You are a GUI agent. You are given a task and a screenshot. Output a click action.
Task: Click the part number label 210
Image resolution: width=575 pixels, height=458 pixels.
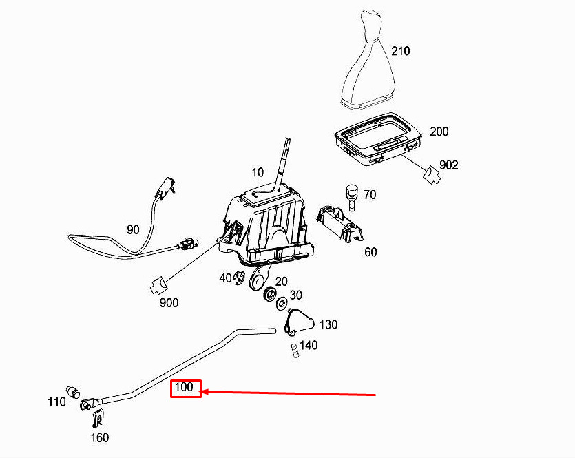pos(400,51)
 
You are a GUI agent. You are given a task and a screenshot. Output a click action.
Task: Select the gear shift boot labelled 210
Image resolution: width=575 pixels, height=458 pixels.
pos(368,59)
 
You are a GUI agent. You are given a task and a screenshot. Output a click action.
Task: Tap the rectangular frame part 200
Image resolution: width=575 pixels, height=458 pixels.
pos(377,139)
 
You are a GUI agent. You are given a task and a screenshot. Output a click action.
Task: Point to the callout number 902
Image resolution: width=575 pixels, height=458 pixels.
pos(448,165)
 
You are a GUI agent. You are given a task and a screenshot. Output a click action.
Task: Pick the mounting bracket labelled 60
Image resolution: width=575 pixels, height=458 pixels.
pos(340,224)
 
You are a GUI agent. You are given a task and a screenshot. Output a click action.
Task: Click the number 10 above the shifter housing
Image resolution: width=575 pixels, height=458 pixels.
pos(258,172)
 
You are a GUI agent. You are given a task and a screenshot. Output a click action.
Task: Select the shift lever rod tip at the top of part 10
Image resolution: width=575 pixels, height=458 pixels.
pos(288,140)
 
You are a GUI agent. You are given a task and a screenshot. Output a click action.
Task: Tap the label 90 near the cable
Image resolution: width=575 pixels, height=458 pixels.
pos(133,229)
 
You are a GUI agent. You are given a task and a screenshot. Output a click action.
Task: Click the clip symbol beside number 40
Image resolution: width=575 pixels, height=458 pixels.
pos(239,278)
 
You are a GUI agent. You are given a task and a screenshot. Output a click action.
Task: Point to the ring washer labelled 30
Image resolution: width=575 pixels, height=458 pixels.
pos(282,303)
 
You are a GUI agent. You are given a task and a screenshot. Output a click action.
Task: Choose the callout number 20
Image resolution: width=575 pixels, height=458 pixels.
pos(281,282)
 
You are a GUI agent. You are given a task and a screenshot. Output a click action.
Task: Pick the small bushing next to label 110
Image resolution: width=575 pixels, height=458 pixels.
pos(72,392)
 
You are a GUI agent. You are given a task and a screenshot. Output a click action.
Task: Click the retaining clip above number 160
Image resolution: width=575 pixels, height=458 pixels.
pos(98,418)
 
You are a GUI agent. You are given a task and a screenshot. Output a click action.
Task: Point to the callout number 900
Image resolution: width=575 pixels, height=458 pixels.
pos(169,303)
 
